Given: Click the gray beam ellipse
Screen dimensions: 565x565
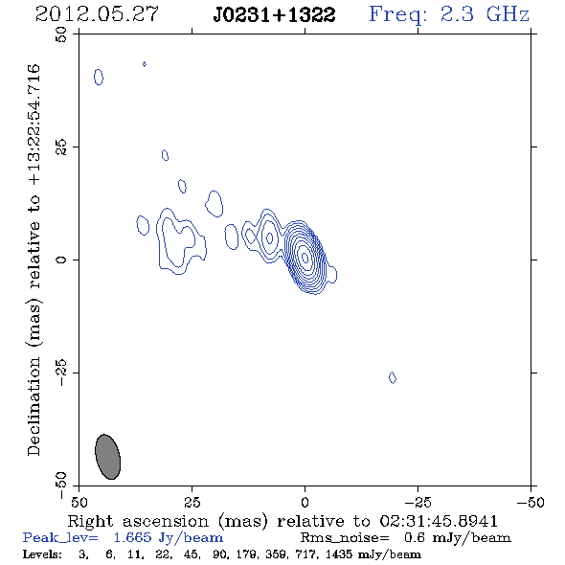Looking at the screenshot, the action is click(x=108, y=457).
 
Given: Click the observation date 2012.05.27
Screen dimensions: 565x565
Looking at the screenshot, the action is click(x=97, y=14).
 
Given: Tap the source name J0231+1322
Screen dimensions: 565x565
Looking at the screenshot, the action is click(x=274, y=14).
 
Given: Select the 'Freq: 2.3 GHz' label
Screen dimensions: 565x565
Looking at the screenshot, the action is click(x=449, y=14).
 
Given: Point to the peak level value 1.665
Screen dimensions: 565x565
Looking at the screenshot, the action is click(x=132, y=537).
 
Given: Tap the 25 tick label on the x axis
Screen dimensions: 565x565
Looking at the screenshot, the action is click(x=192, y=503).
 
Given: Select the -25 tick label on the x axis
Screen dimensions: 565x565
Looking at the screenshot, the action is click(x=418, y=503).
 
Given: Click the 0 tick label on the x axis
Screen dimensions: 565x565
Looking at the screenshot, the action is click(x=305, y=503).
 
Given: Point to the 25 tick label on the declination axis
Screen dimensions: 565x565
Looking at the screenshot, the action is click(x=61, y=147).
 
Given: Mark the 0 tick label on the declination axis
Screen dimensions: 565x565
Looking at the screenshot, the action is click(x=61, y=260).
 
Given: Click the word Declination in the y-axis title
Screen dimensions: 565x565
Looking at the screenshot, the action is click(x=34, y=407).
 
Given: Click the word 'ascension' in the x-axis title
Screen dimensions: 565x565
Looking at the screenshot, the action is click(x=166, y=521).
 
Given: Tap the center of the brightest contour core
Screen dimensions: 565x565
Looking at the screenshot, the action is click(x=305, y=258).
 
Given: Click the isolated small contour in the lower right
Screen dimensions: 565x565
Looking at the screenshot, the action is click(x=393, y=377).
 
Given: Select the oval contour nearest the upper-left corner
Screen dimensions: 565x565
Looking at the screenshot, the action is click(x=99, y=78).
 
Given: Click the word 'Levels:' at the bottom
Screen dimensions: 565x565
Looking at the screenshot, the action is click(x=42, y=554).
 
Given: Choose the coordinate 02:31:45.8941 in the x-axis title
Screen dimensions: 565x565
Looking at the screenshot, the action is click(x=439, y=521).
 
